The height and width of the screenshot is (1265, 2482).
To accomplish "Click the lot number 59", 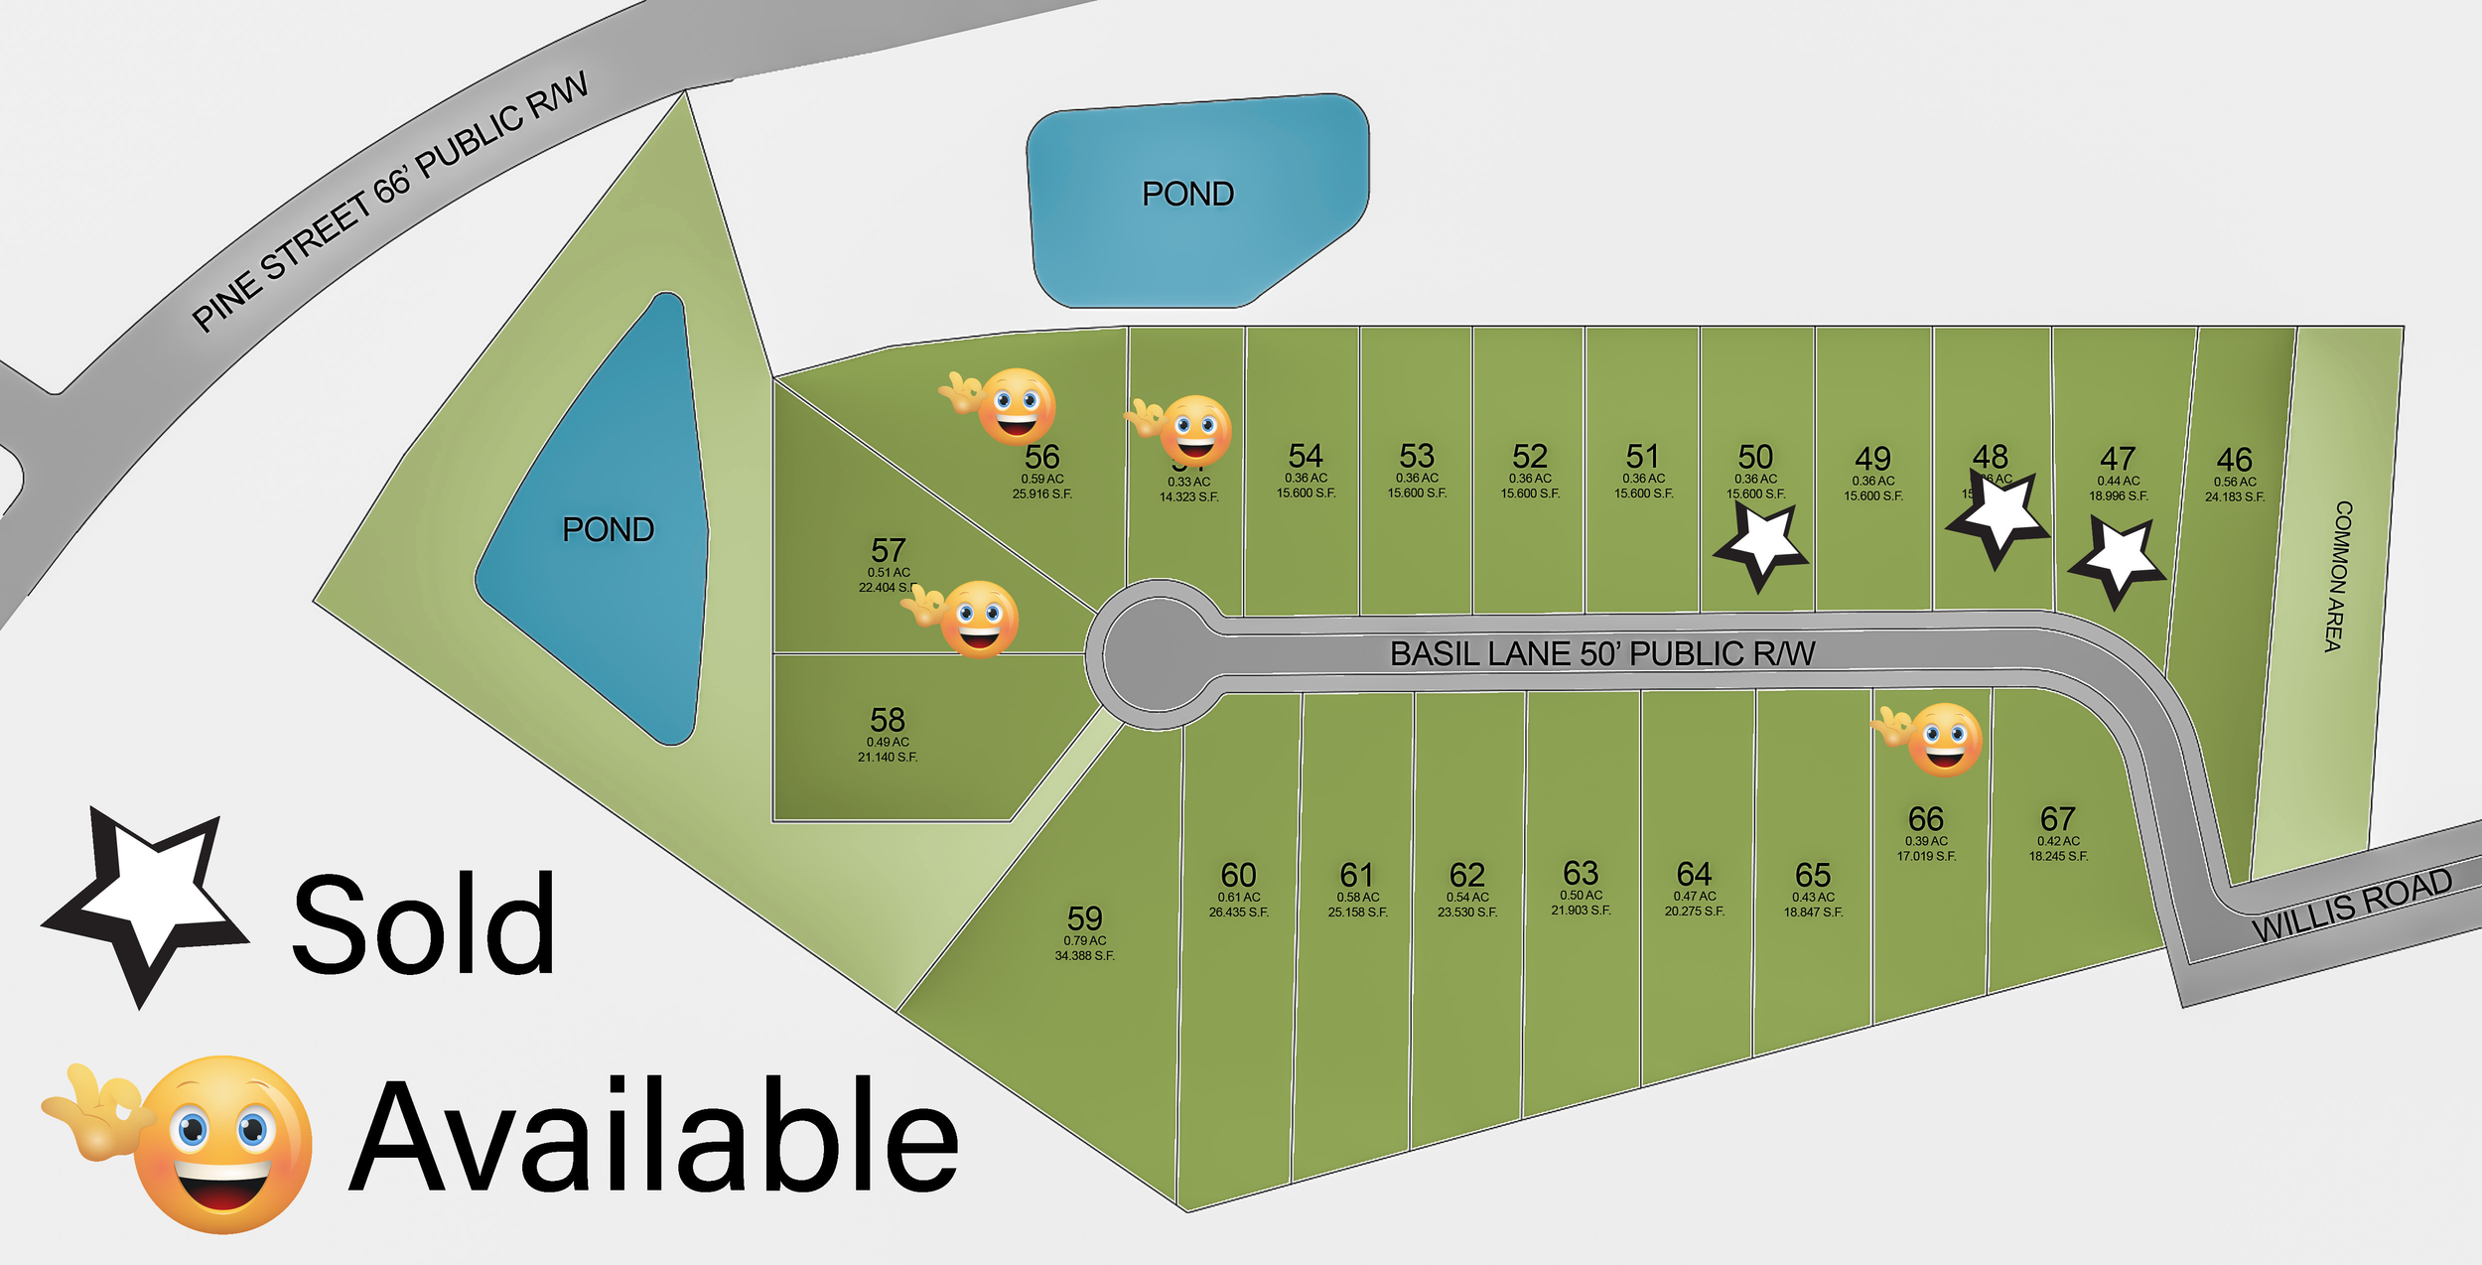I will tap(1084, 917).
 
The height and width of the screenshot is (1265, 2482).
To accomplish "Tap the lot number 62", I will tap(1466, 875).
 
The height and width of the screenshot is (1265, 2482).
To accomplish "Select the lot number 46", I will tap(2234, 460).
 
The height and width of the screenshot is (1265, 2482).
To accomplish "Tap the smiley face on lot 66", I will tap(1943, 740).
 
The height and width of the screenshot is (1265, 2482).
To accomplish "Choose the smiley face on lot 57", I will tap(978, 620).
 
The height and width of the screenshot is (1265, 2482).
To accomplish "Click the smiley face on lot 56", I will tap(1015, 406).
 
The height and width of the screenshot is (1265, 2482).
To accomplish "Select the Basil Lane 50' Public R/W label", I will tap(1601, 653).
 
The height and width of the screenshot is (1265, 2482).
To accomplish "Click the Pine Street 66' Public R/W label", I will tap(389, 202).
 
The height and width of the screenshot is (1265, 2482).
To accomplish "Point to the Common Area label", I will tap(2338, 576).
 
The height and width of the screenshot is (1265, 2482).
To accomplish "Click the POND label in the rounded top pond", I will tap(1187, 194).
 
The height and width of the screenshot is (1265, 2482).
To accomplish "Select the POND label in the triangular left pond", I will tap(608, 529).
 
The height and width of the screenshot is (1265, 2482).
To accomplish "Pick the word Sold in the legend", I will tap(424, 924).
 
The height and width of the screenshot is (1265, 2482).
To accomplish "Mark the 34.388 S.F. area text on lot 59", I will tap(1084, 956).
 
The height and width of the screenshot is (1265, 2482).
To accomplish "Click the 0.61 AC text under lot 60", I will tap(1238, 897).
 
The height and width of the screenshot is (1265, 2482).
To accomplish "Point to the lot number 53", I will tap(1417, 456).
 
